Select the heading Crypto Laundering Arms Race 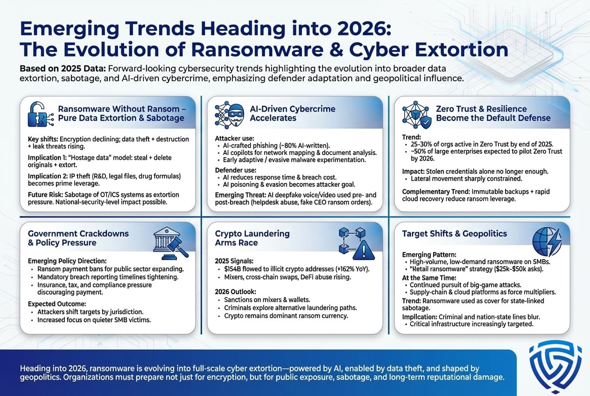[252, 238]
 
